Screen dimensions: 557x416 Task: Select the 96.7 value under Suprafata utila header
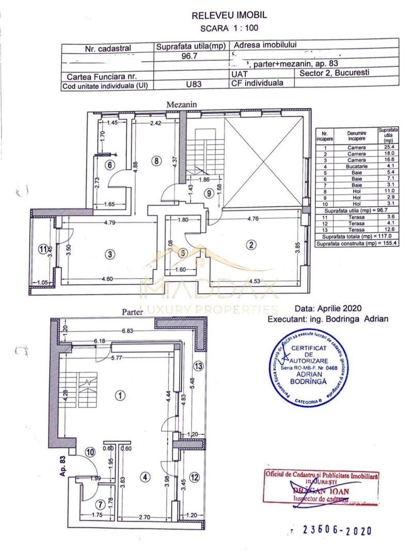pyautogui.click(x=190, y=57)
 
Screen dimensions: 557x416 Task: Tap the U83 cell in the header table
pyautogui.click(x=191, y=86)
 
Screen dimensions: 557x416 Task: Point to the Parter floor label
pyautogui.click(x=133, y=312)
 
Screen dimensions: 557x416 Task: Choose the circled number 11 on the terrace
pyautogui.click(x=43, y=248)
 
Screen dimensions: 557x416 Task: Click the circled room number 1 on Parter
pyautogui.click(x=119, y=396)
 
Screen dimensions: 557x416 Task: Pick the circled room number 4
pyautogui.click(x=146, y=478)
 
